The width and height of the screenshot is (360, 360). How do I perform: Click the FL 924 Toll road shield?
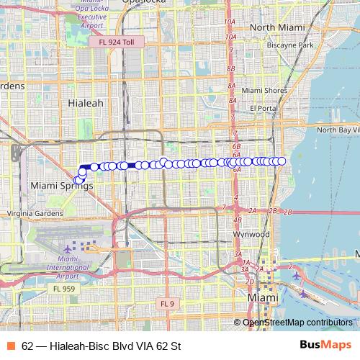point(117,42)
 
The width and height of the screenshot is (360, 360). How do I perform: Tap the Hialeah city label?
point(85,103)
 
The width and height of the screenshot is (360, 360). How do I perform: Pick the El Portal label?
point(264,108)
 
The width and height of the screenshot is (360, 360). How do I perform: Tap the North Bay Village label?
point(338,130)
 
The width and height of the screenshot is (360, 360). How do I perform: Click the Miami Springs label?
point(63,185)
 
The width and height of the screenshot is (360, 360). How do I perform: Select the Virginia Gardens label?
point(35,213)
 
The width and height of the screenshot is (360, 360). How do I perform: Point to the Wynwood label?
point(252,234)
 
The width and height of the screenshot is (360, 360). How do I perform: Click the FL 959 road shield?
point(63,289)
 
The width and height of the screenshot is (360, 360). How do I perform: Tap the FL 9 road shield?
point(167,303)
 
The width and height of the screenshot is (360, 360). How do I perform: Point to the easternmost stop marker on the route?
point(282,161)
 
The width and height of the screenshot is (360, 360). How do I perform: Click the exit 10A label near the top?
point(230,22)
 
